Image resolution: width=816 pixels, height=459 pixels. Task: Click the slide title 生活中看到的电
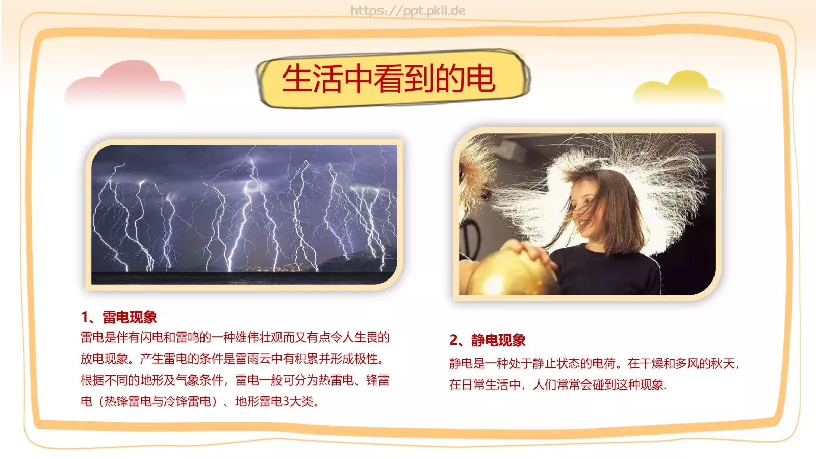tap(389, 79)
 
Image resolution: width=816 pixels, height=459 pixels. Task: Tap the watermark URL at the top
tap(407, 11)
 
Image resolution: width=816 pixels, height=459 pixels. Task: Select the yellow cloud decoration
tap(679, 87)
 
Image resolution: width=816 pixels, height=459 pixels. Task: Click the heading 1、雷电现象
tap(119, 317)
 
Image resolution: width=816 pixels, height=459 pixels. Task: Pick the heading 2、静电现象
tap(488, 340)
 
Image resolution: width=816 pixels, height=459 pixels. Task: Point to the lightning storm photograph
tap(244, 214)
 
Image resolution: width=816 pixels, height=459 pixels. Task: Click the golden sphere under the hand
tap(510, 274)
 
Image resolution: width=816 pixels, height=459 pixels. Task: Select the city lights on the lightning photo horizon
tap(273, 268)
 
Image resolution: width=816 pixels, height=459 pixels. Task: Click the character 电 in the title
tap(481, 79)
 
